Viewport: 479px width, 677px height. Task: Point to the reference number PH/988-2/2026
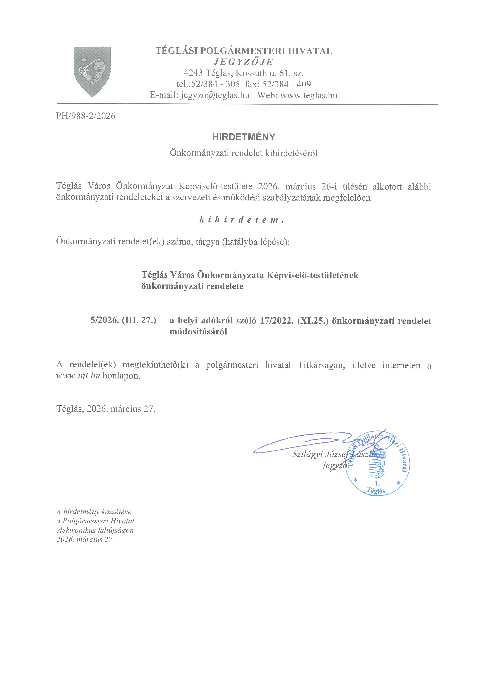pyautogui.click(x=86, y=116)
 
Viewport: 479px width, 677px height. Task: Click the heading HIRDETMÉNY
pyautogui.click(x=244, y=137)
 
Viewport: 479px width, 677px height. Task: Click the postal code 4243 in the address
pyautogui.click(x=193, y=73)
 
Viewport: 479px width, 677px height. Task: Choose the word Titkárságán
pyautogui.click(x=321, y=365)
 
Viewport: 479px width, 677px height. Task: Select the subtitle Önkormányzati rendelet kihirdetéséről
pyautogui.click(x=244, y=153)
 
